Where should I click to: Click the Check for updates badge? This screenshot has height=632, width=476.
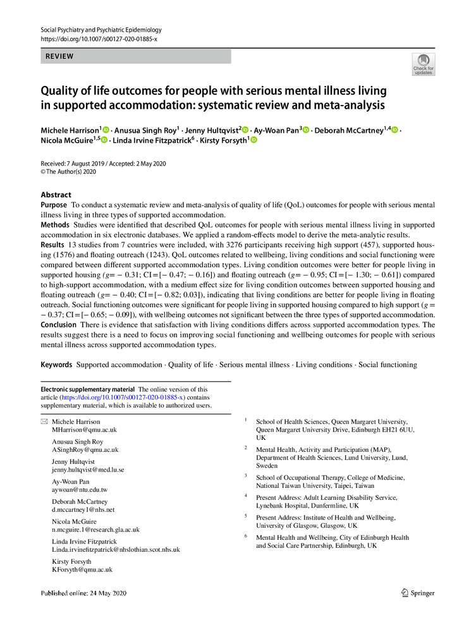(423, 64)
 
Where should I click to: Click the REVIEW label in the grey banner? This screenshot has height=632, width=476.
(59, 56)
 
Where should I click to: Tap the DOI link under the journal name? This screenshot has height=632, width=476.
(98, 39)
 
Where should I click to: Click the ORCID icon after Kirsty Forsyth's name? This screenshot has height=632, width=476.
(253, 140)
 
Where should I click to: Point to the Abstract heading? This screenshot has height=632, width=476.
(56, 195)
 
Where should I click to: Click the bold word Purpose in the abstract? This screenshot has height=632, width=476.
(54, 205)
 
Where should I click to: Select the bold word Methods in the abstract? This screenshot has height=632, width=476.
(55, 225)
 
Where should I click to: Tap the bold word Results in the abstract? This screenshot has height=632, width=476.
(52, 245)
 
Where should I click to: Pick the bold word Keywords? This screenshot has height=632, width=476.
(56, 365)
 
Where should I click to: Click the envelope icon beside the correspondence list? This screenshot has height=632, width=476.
(44, 422)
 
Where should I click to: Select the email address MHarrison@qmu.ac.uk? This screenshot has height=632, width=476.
(84, 430)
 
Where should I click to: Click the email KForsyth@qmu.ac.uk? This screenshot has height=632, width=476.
(82, 569)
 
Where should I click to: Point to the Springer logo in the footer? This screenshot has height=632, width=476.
(418, 593)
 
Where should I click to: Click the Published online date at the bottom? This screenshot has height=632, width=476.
(84, 593)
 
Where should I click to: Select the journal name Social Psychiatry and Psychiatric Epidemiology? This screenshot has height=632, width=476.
(101, 30)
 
